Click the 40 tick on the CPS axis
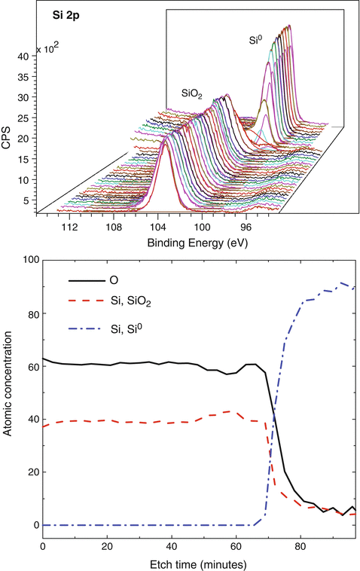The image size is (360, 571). pyautogui.click(x=23, y=56)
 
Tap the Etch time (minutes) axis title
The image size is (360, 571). pyautogui.click(x=199, y=563)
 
